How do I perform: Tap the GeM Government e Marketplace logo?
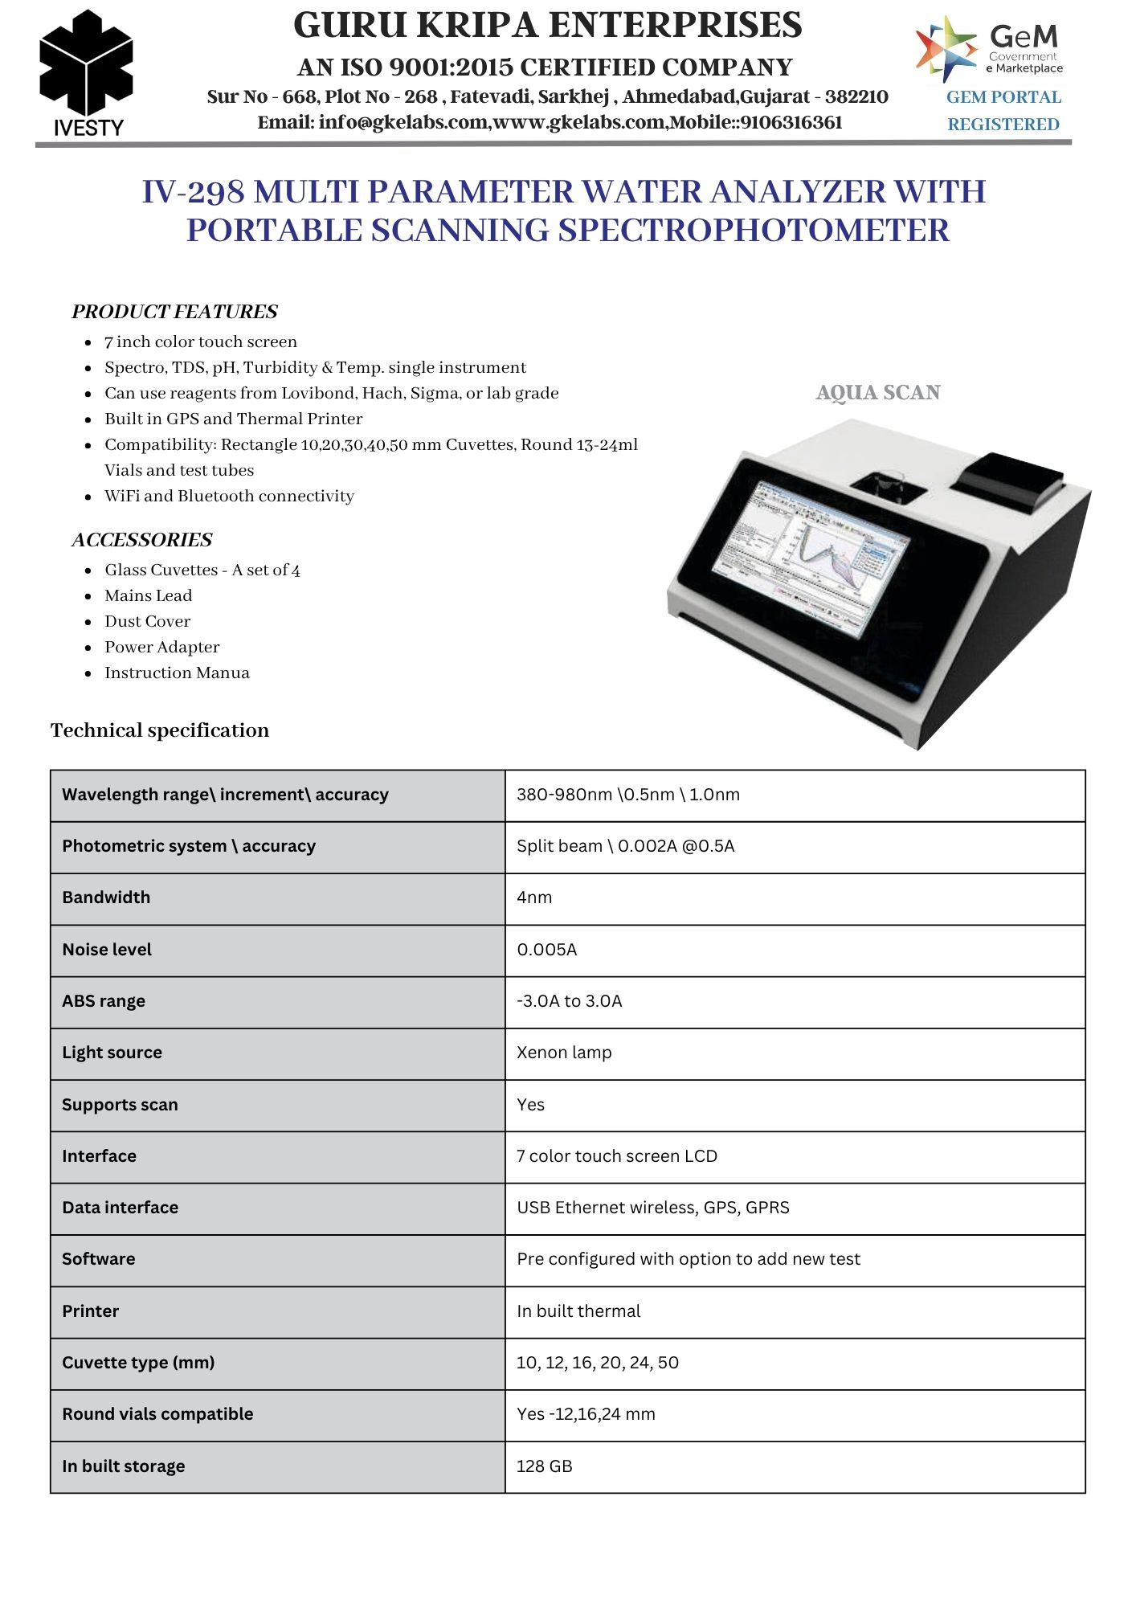point(990,49)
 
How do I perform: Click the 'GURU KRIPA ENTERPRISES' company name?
point(547,26)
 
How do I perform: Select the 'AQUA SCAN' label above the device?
point(877,393)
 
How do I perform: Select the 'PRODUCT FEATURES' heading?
point(174,312)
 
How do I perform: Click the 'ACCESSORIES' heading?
point(142,540)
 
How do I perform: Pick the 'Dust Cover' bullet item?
point(147,621)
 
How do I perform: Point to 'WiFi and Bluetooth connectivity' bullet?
point(229,496)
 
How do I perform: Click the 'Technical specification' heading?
point(160,730)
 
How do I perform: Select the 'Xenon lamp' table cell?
point(564,1053)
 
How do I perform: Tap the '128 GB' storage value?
point(545,1466)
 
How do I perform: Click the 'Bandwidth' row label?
point(106,898)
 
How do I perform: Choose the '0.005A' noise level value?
point(547,950)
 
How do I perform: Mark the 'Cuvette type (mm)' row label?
point(138,1363)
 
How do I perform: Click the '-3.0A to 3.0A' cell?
point(570,1001)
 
